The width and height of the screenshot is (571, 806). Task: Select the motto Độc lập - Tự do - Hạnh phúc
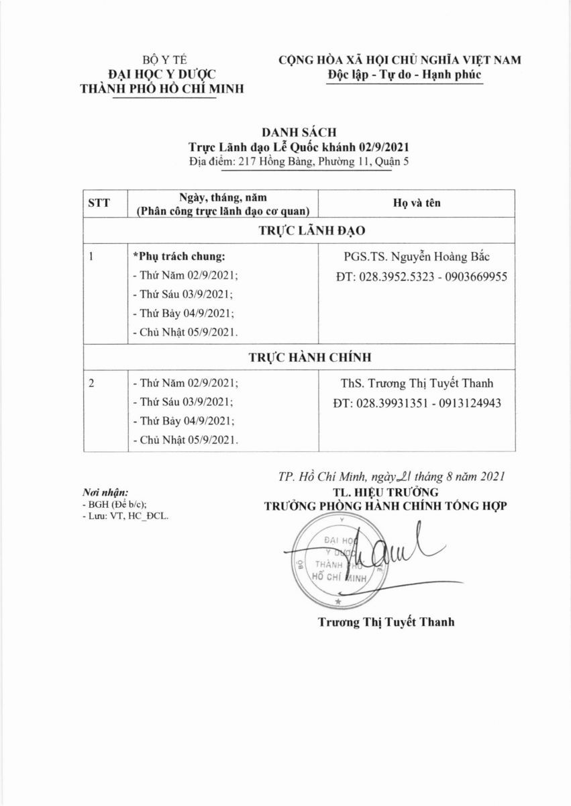point(401,73)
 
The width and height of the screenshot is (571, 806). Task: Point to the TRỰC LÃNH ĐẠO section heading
point(311,230)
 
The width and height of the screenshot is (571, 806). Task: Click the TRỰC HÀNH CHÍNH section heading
point(311,357)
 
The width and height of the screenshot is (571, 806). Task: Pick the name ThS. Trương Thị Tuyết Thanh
point(417,384)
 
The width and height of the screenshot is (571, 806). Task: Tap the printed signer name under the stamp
point(386,622)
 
